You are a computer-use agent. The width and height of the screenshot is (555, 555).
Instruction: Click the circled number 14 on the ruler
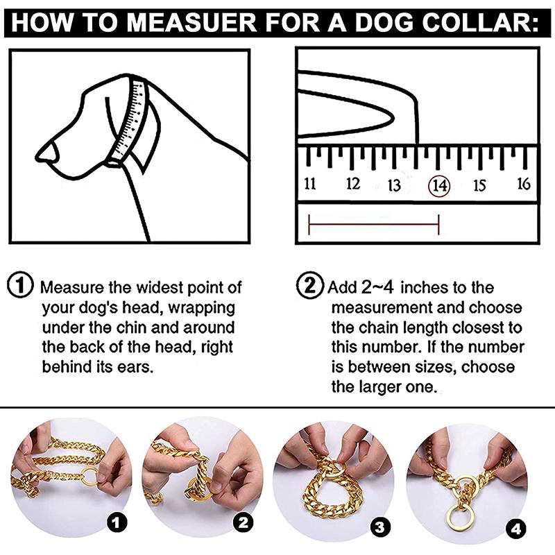pyautogui.click(x=439, y=185)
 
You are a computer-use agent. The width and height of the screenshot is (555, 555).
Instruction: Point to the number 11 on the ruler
pyautogui.click(x=310, y=185)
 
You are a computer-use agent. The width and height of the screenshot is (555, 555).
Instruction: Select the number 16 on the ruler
pyautogui.click(x=524, y=185)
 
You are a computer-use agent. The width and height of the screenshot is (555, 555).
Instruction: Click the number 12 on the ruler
pyautogui.click(x=353, y=185)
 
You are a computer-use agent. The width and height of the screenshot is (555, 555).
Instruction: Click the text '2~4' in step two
pyautogui.click(x=378, y=287)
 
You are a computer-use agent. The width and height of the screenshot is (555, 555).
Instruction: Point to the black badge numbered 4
pyautogui.click(x=515, y=529)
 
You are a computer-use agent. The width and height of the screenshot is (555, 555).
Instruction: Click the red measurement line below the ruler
pyautogui.click(x=373, y=223)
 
